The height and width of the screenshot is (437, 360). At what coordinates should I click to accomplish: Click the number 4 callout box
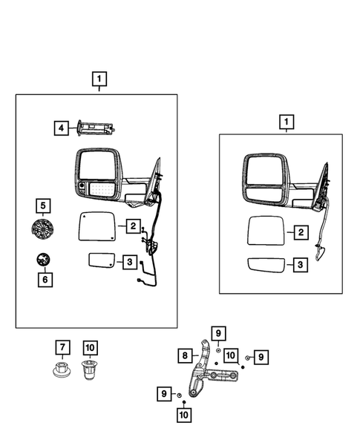[60, 128]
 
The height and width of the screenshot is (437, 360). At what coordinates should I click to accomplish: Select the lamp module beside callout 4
[94, 129]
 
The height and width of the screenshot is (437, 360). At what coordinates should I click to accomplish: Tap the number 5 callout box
[43, 206]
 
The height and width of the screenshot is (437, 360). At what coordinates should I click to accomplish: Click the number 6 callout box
[43, 280]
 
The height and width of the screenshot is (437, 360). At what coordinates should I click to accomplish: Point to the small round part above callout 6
[43, 260]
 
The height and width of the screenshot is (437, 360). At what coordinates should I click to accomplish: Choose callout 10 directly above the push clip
[89, 346]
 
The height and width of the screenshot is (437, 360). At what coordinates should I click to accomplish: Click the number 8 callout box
[183, 355]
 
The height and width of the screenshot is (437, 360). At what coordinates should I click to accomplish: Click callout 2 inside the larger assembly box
[131, 226]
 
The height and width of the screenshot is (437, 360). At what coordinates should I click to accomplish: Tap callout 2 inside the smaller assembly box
[300, 233]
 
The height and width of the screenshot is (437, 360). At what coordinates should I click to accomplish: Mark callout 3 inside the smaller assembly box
[300, 264]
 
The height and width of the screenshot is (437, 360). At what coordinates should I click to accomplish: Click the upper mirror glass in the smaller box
[265, 232]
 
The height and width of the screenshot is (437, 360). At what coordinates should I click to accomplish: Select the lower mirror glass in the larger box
[101, 260]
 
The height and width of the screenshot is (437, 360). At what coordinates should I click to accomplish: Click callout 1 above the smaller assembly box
[285, 121]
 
